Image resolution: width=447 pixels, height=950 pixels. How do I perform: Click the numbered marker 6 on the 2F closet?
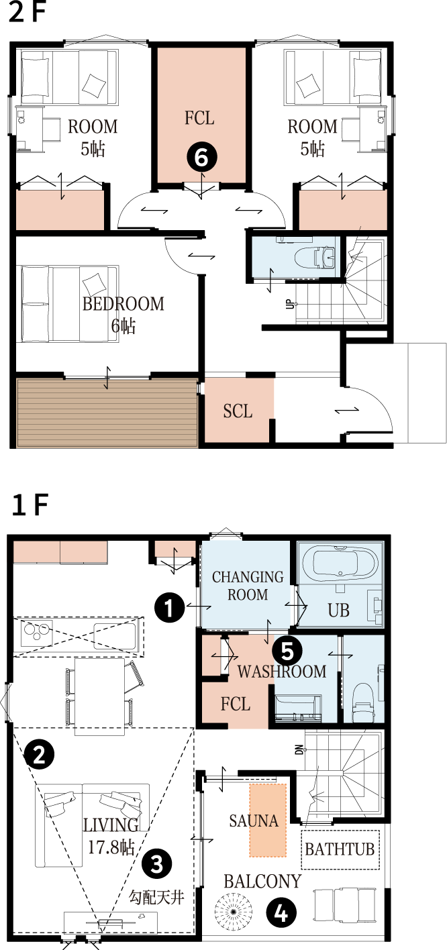point(202,157)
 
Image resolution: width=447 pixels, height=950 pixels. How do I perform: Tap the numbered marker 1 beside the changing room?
point(169,607)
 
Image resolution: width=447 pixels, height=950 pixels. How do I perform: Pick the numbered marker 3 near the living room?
point(156,863)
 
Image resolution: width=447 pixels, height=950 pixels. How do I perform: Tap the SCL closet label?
point(238,411)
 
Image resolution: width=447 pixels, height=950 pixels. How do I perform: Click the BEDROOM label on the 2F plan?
point(123,304)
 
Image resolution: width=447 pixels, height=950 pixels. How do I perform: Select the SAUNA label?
point(254,821)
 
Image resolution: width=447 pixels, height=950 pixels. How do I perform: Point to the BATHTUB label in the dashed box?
point(340,849)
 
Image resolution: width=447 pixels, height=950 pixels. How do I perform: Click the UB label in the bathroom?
point(338,611)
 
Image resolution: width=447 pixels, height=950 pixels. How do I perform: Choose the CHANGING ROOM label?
point(248,586)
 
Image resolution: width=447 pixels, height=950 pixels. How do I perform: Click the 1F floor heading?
point(30,505)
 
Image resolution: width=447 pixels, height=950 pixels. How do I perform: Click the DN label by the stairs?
point(299,749)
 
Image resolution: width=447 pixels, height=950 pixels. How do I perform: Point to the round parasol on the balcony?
point(234,911)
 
